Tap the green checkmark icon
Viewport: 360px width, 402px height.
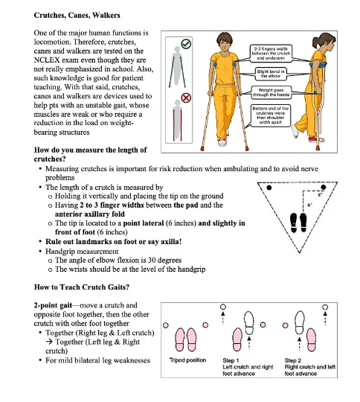point(186,45)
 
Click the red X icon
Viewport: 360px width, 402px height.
point(186,98)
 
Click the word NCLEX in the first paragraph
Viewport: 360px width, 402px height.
point(52,63)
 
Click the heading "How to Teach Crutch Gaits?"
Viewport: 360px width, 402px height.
point(79,287)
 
